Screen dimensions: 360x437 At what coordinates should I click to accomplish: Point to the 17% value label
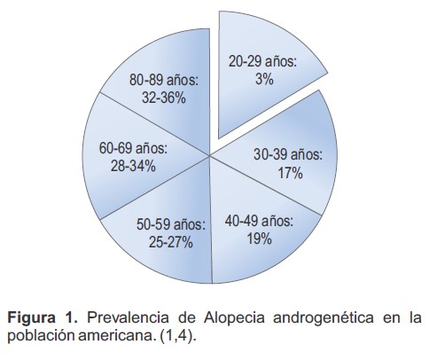point(289,174)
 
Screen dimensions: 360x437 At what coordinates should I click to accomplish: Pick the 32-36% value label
point(156,98)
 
